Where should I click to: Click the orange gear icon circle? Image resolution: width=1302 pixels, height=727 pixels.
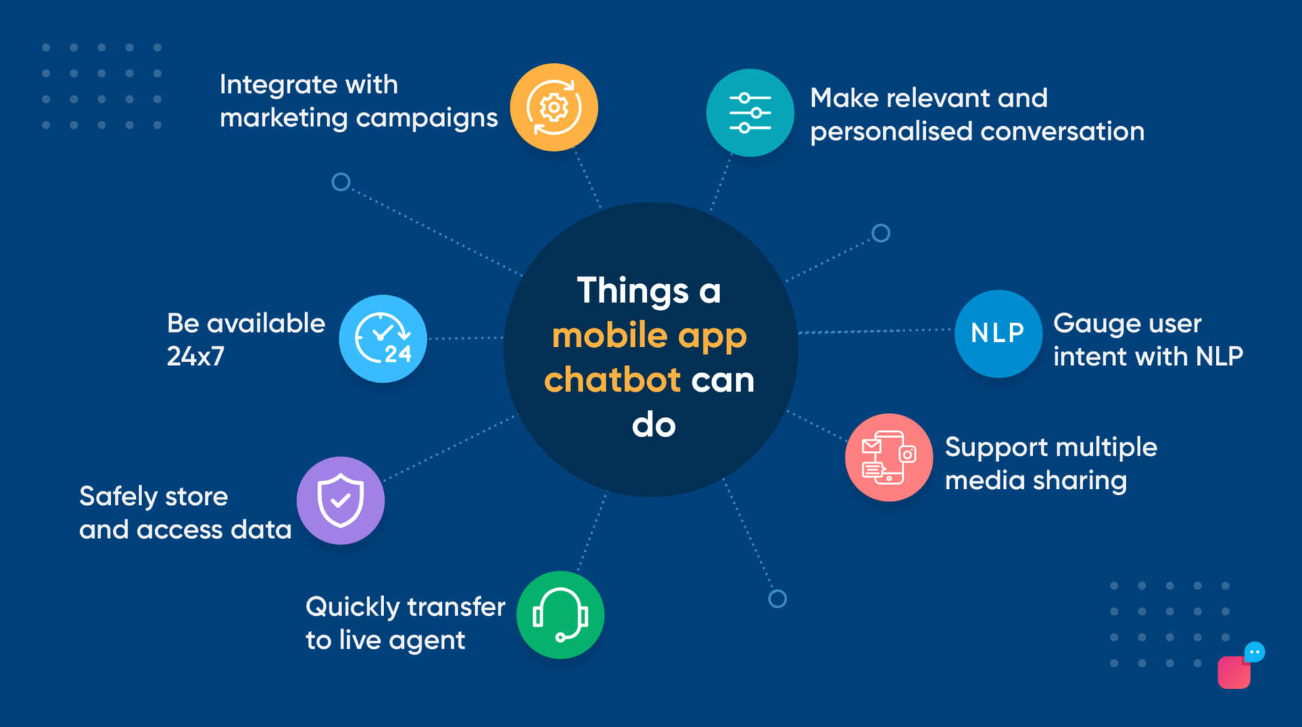click(x=554, y=107)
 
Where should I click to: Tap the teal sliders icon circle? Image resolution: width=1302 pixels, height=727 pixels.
click(x=750, y=113)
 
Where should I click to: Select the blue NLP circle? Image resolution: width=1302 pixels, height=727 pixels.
click(x=998, y=333)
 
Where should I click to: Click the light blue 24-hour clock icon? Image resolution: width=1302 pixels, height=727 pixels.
click(x=383, y=339)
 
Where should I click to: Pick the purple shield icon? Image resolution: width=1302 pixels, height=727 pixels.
click(x=340, y=500)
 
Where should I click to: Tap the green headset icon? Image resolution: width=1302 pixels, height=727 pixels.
click(x=560, y=615)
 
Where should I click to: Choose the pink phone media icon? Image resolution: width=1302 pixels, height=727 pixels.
click(x=888, y=457)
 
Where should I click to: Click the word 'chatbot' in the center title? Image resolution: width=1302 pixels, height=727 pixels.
click(x=612, y=380)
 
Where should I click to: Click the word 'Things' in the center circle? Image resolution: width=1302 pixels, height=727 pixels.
click(x=633, y=291)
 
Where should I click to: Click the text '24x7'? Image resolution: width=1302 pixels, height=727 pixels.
click(x=195, y=356)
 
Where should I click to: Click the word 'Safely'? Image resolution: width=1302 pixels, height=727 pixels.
click(x=118, y=497)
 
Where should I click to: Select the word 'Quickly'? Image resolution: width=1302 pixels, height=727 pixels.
click(x=352, y=607)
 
